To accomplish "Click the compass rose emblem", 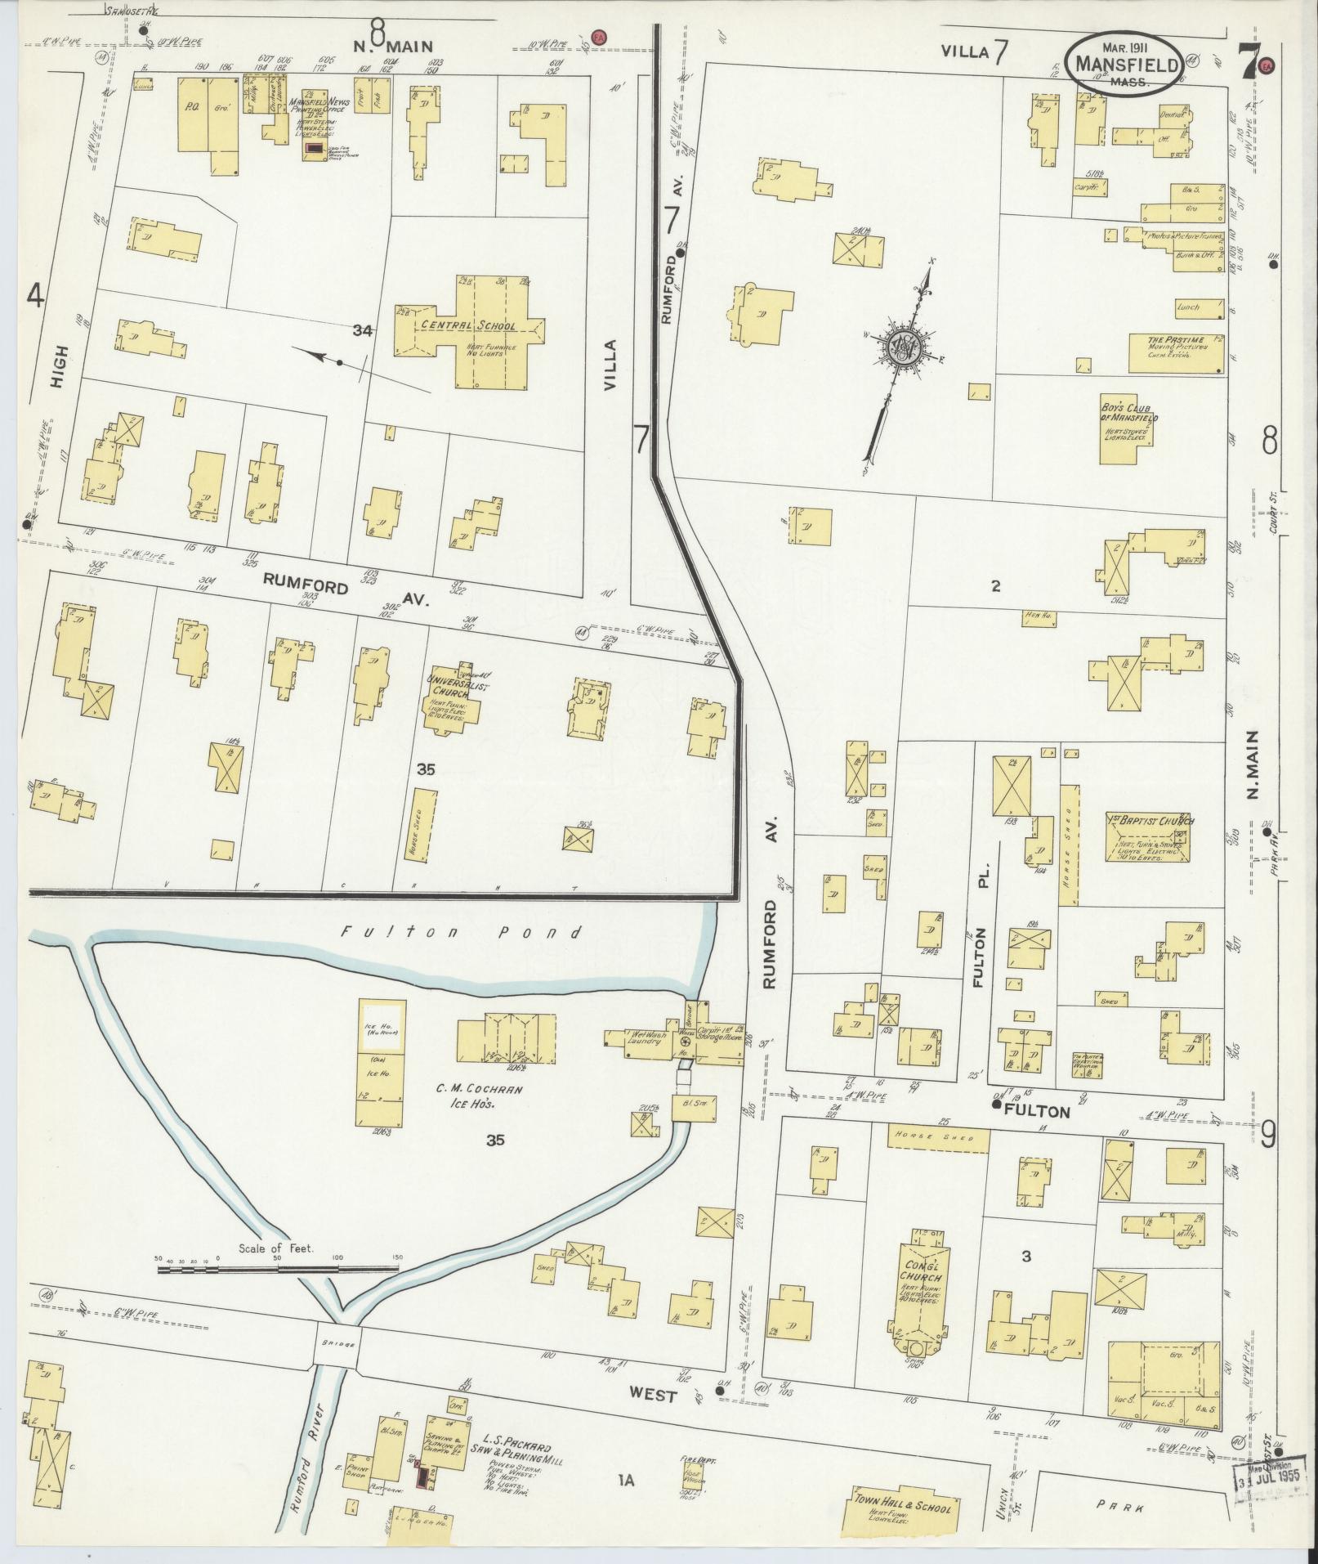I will [905, 347].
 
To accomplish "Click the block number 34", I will [363, 330].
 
